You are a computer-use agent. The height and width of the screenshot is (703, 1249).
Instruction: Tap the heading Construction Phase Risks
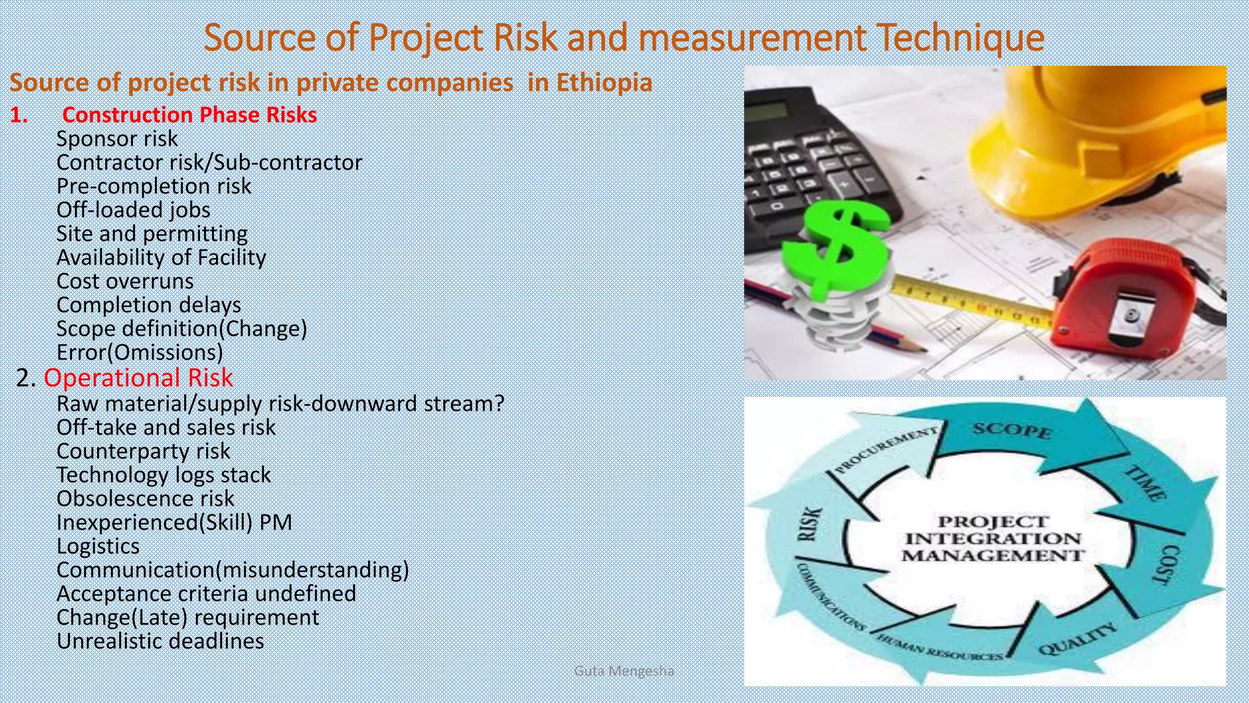click(189, 115)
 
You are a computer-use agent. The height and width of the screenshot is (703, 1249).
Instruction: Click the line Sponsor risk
click(117, 139)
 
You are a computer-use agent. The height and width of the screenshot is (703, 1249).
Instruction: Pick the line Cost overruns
click(125, 281)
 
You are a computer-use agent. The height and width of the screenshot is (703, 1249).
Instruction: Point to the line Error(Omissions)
click(140, 353)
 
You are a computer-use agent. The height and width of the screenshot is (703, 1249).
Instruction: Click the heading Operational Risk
click(138, 378)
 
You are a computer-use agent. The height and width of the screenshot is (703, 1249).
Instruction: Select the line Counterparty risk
click(143, 451)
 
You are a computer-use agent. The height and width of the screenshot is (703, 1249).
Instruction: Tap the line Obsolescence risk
click(145, 499)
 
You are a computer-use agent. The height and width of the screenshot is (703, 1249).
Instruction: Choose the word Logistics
click(98, 546)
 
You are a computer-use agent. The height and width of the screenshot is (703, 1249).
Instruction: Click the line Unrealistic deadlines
click(160, 641)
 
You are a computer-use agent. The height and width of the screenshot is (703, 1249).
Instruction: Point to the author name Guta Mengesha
click(624, 671)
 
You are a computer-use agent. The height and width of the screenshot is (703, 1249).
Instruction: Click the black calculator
click(811, 165)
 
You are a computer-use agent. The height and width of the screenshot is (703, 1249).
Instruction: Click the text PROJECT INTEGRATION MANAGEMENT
click(993, 538)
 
